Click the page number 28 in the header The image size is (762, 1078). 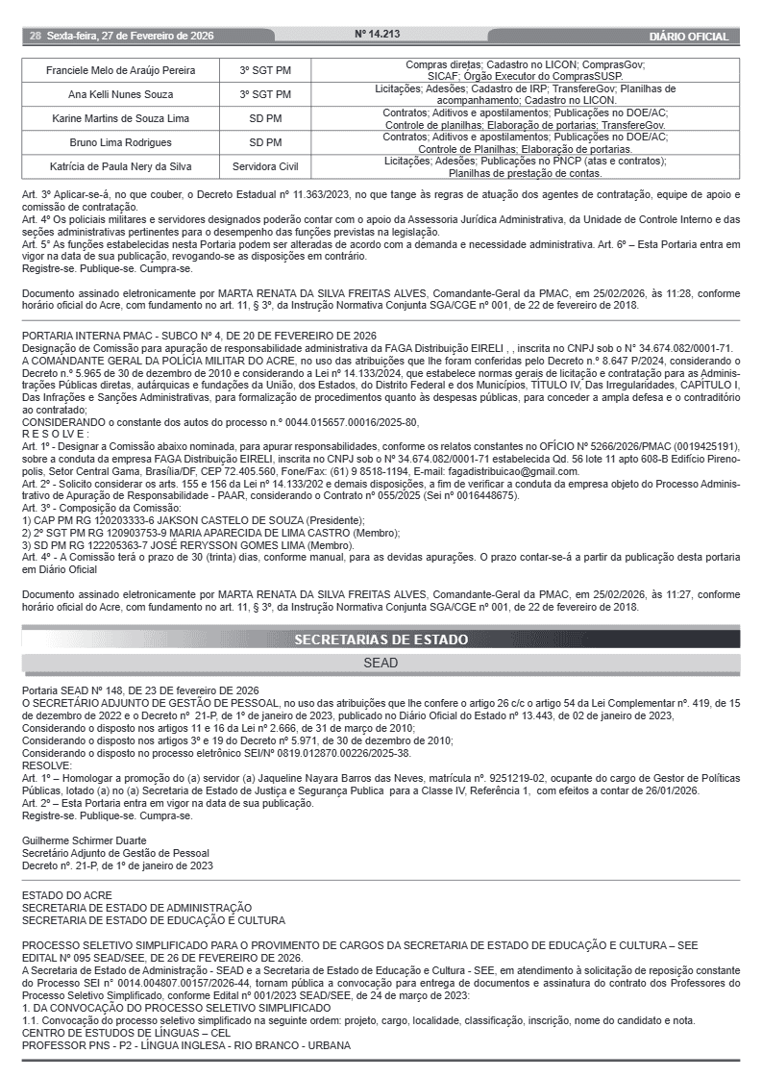click(x=35, y=37)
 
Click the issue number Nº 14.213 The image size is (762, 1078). click(x=378, y=35)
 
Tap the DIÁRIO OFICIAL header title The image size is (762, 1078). click(x=688, y=37)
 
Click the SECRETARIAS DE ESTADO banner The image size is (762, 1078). click(x=381, y=639)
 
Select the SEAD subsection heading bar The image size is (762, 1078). click(x=381, y=664)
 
